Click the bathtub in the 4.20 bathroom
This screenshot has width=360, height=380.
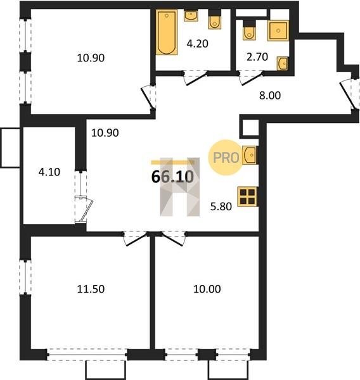click(x=167, y=32)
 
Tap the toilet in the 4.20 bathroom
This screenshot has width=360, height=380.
click(x=214, y=20)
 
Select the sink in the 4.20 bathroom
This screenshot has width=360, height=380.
click(x=191, y=15)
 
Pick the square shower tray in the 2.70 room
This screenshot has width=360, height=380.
click(x=278, y=30)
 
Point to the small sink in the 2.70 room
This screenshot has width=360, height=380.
click(x=283, y=63)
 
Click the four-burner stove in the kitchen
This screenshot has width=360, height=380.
click(x=248, y=196)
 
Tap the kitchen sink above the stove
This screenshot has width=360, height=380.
click(x=249, y=155)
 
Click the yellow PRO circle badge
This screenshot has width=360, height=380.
click(x=226, y=157)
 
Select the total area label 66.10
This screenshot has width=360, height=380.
click(x=172, y=177)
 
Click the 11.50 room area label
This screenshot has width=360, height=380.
click(x=91, y=289)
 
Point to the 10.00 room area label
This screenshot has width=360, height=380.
click(x=207, y=289)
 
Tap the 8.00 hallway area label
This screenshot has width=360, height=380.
click(x=270, y=96)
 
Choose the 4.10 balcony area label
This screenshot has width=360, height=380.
click(x=49, y=172)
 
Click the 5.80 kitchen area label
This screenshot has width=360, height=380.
click(x=221, y=206)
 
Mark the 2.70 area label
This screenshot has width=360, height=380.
click(x=257, y=57)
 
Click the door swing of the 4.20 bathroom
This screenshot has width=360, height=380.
click(x=195, y=77)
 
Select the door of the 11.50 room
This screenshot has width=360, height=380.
click(x=135, y=239)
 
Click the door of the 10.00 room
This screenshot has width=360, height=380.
click(x=174, y=239)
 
